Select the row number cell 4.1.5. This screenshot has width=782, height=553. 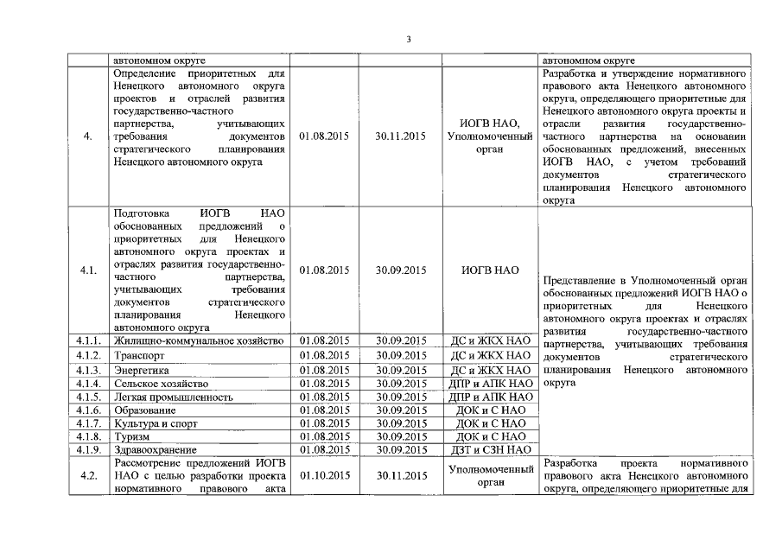88,397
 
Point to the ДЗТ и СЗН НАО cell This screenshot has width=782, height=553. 490,450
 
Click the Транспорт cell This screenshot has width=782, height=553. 139,355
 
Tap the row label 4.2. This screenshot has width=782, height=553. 88,475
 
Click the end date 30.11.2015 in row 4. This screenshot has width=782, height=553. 402,137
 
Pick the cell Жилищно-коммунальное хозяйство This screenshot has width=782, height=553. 199,341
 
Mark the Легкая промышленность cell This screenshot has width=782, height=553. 174,397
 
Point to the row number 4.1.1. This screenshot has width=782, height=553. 88,341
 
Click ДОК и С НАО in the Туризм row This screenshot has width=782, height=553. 490,437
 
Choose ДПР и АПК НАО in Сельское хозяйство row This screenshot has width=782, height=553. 490,383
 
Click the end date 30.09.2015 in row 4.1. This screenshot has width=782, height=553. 402,270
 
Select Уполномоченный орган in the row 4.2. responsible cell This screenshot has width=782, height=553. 490,475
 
